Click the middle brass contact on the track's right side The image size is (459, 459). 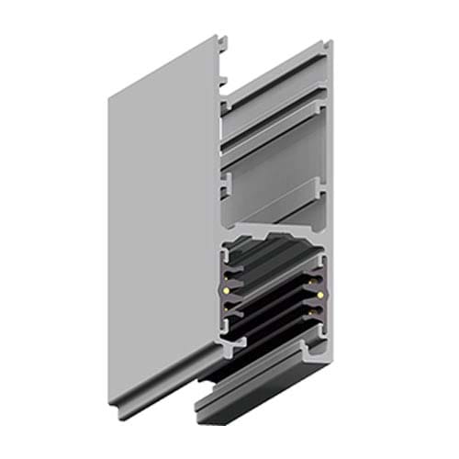318,296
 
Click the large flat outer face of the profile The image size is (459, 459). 161,211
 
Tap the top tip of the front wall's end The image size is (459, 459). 218,39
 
